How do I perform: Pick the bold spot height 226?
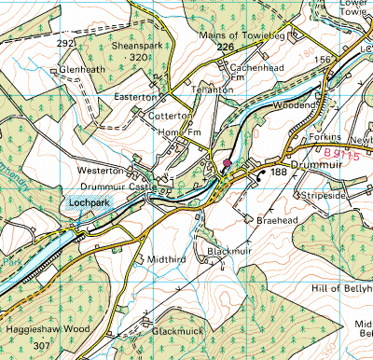[x=224, y=47]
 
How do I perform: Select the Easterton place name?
[x=135, y=96]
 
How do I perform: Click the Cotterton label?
[x=170, y=115]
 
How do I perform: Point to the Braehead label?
[x=274, y=221]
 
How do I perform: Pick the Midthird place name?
[x=161, y=257]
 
